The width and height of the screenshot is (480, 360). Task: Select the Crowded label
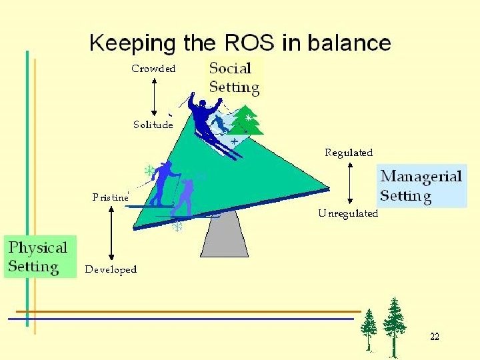[153, 69]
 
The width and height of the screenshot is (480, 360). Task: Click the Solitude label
[153, 125]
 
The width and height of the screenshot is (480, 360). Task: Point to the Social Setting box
[234, 77]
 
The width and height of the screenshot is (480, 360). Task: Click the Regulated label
[349, 153]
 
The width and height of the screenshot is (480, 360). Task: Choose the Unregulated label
[348, 213]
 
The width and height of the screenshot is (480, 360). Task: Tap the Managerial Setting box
[420, 186]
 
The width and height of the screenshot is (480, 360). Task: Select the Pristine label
[110, 197]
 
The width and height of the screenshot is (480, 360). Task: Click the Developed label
[111, 269]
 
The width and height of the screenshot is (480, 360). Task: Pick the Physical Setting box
[39, 257]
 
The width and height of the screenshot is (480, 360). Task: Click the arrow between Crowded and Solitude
[154, 97]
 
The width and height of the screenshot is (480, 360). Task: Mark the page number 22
[434, 337]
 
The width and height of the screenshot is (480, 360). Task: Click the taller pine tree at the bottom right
[395, 325]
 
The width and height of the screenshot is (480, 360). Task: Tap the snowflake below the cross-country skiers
[178, 227]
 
